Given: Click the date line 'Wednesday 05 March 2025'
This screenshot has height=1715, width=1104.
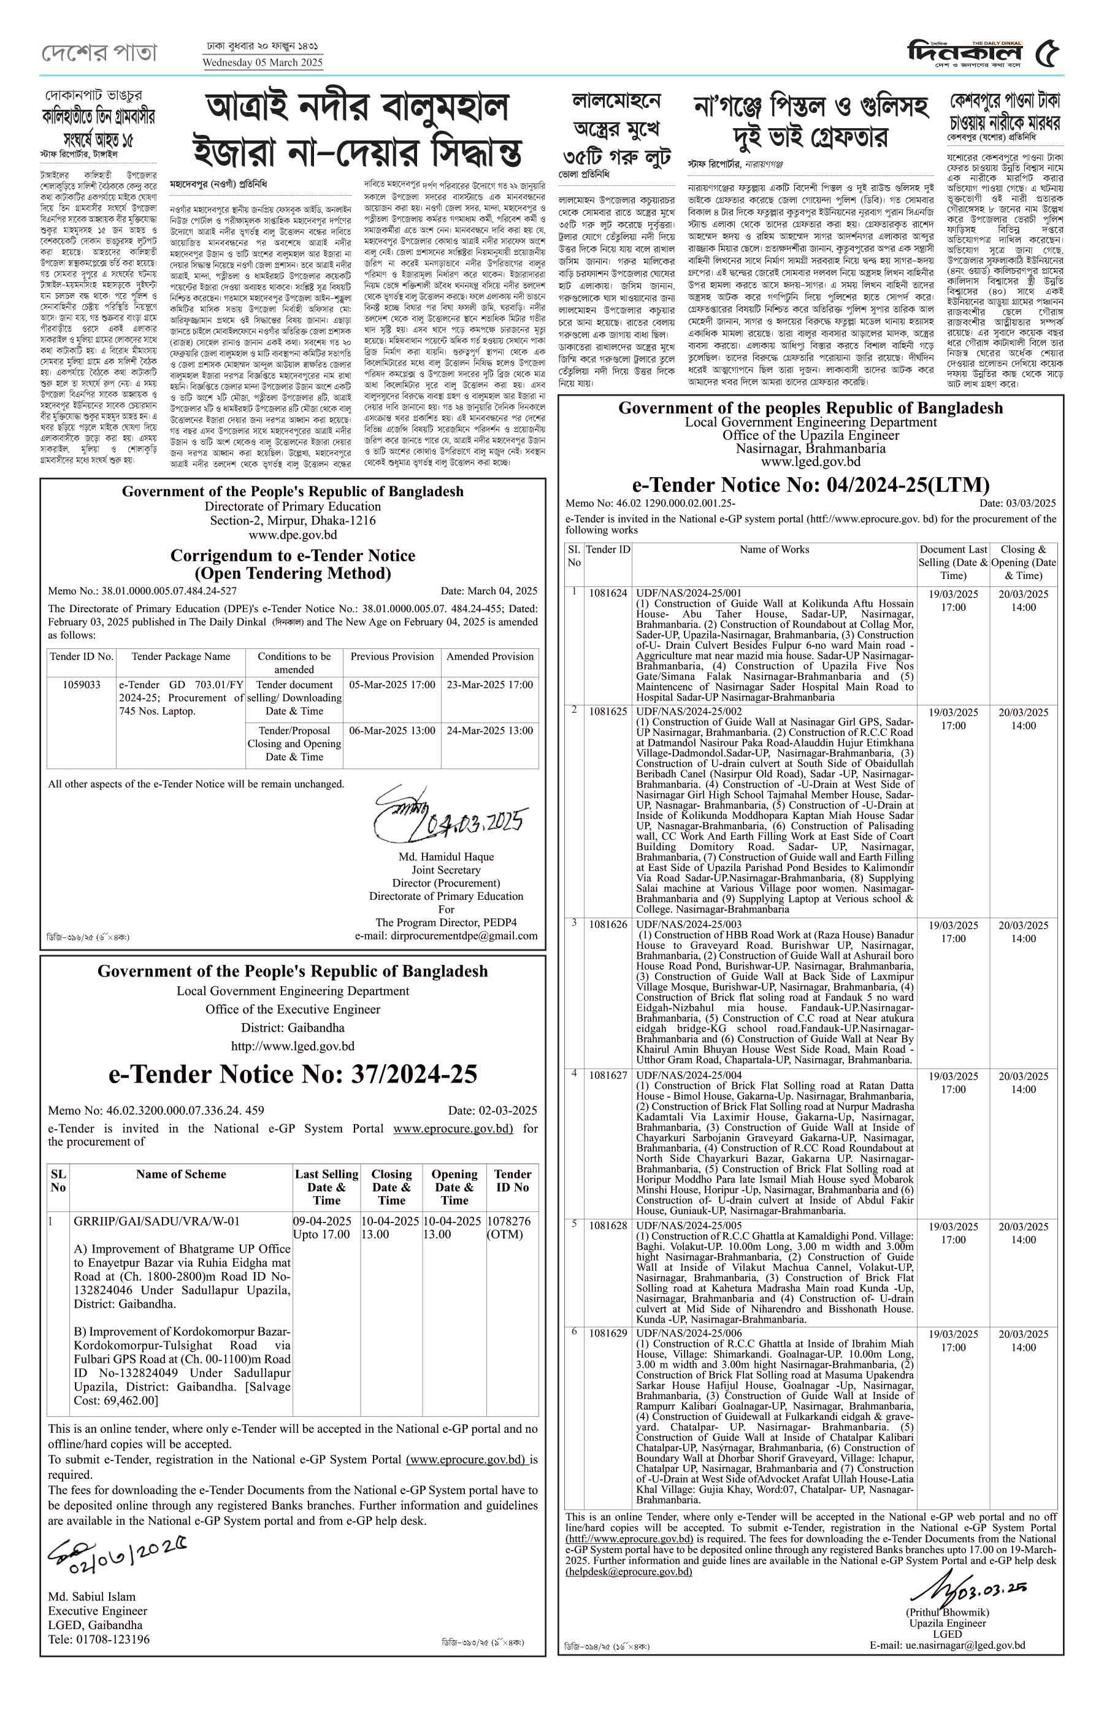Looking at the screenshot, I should pyautogui.click(x=263, y=63).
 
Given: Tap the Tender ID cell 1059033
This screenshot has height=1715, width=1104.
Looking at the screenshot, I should pyautogui.click(x=81, y=685).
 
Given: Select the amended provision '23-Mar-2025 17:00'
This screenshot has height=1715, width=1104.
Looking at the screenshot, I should pyautogui.click(x=489, y=685).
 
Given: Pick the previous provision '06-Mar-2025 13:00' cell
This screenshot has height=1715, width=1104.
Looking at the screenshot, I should pyautogui.click(x=392, y=731).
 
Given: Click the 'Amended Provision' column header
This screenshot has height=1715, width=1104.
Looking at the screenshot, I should pyautogui.click(x=489, y=656).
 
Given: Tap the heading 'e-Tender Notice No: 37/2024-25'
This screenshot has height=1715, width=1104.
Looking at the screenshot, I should pyautogui.click(x=293, y=1073).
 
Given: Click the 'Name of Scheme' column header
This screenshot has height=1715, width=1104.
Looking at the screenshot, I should pyautogui.click(x=181, y=1175).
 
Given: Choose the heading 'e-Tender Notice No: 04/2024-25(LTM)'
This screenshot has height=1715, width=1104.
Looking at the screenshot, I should pyautogui.click(x=810, y=485).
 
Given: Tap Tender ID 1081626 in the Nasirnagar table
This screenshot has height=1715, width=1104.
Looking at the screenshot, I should pyautogui.click(x=608, y=925).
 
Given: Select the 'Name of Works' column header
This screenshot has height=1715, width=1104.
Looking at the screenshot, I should pyautogui.click(x=773, y=550).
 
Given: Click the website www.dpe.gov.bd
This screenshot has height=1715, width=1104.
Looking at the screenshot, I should pyautogui.click(x=293, y=535).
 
